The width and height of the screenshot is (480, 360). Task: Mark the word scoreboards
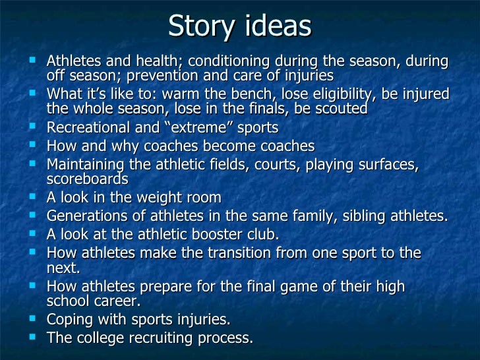pyautogui.click(x=87, y=179)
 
